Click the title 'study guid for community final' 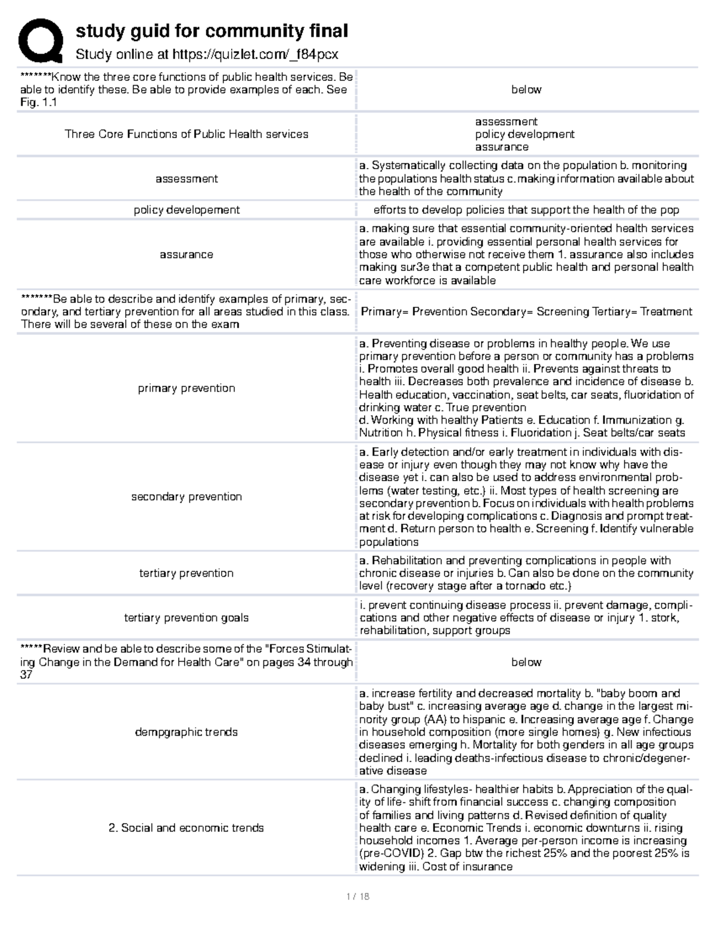[212, 31]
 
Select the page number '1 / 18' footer [357, 896]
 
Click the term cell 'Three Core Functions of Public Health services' [186, 134]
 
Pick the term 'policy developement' [186, 210]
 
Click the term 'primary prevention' [186, 388]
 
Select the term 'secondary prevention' [186, 497]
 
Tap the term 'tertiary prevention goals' [186, 618]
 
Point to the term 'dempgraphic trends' [186, 732]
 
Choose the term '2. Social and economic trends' [186, 828]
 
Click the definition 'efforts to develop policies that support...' [526, 210]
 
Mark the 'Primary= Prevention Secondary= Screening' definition [526, 312]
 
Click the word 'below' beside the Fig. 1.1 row [526, 89]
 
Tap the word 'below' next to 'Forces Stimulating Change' [526, 662]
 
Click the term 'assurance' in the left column [186, 254]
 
